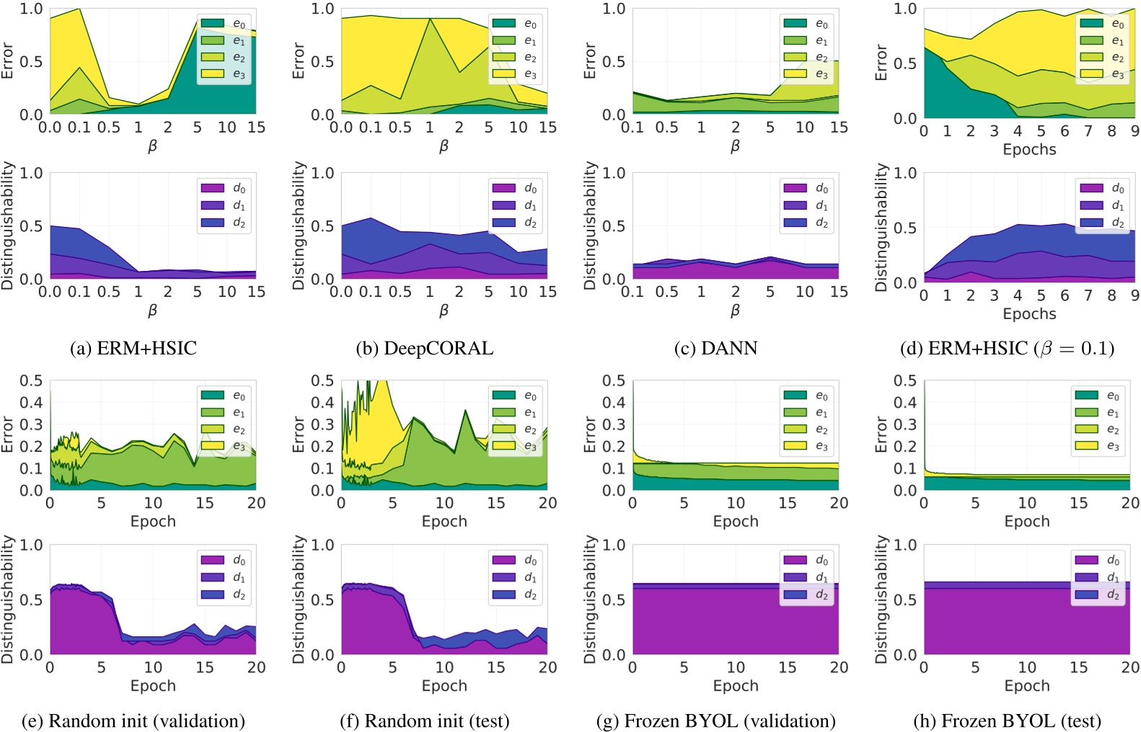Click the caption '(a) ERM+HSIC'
pyautogui.click(x=133, y=349)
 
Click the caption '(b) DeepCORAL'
pyautogui.click(x=424, y=349)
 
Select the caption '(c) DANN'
pyautogui.click(x=715, y=349)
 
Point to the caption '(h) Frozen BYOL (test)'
pyautogui.click(x=1007, y=721)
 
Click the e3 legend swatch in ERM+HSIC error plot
pyautogui.click(x=212, y=74)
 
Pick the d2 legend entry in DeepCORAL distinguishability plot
pyautogui.click(x=516, y=223)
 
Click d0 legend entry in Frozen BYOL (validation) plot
pyautogui.click(x=807, y=561)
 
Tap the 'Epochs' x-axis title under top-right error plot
pyautogui.click(x=1029, y=150)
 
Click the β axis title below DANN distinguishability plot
pyautogui.click(x=735, y=311)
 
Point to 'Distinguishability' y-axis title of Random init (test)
pyautogui.click(x=299, y=599)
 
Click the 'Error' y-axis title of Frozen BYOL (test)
pyautogui.click(x=881, y=434)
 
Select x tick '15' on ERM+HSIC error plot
pyautogui.click(x=256, y=128)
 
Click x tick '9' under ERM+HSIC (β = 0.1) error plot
pyautogui.click(x=1135, y=131)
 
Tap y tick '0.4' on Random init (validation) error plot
pyautogui.click(x=32, y=402)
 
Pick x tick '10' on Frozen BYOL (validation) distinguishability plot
pyautogui.click(x=736, y=667)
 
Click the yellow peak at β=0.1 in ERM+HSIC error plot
pyautogui.click(x=79, y=10)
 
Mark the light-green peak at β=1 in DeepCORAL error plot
pyautogui.click(x=430, y=21)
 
